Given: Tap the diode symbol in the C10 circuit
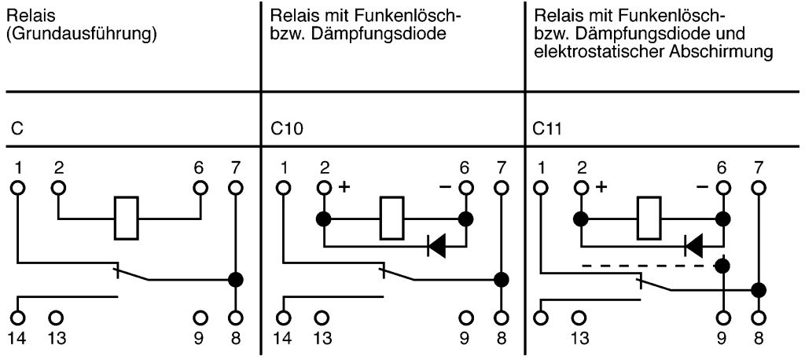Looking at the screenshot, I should tap(436, 247).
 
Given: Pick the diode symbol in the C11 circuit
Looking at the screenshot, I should tap(694, 247).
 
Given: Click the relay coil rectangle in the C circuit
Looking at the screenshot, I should tap(127, 218).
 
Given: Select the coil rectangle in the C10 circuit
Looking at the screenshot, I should tap(392, 218).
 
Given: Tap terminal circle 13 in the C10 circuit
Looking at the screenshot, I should tap(322, 318).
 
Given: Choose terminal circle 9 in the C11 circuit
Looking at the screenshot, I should tap(722, 318).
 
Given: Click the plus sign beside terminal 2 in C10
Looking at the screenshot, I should tap(343, 188).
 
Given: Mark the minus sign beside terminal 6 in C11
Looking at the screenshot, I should tap(702, 188).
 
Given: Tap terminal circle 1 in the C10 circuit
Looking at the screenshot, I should tap(284, 188).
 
